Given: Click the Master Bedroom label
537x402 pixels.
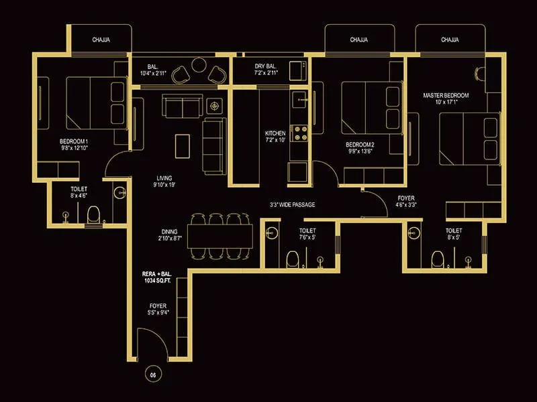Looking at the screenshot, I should click(446, 99).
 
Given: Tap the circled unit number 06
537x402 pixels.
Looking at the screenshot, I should click(153, 375).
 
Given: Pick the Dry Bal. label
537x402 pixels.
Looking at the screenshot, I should click(266, 70).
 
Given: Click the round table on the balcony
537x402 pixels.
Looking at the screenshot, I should click(199, 66).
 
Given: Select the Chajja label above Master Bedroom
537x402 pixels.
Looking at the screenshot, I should click(450, 40).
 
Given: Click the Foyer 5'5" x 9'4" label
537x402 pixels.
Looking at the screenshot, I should click(158, 309).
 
